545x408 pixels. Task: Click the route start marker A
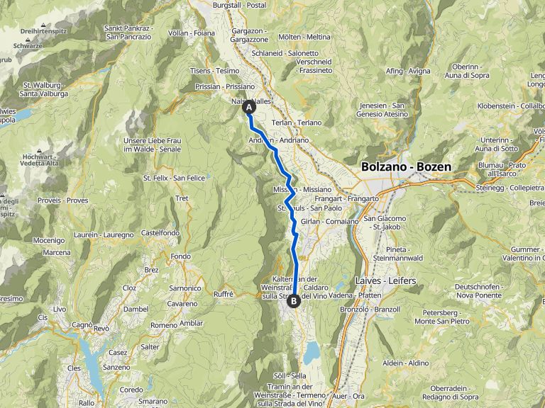[x=249, y=108]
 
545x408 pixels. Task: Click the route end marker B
[x=294, y=300]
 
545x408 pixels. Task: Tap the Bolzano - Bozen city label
[x=406, y=167]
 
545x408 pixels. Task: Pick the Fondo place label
[x=181, y=256]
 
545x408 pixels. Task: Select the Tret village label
[x=182, y=199]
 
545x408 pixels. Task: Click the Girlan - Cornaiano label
[x=330, y=222]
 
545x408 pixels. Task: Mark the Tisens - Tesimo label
[x=215, y=71]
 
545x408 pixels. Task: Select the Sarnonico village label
[x=185, y=288]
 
